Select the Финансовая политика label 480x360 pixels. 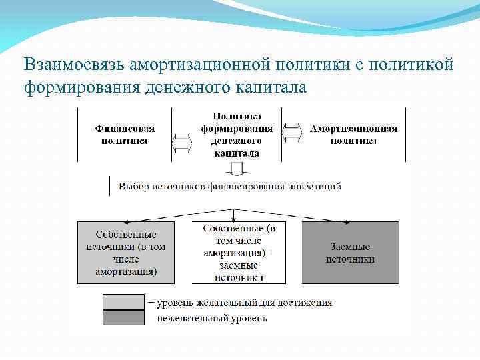[125, 135]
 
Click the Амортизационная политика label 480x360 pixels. [353, 135]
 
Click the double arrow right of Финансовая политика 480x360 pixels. [182, 141]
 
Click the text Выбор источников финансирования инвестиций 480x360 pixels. [230, 187]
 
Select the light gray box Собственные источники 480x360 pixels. [126, 253]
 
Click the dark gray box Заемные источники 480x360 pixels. [350, 253]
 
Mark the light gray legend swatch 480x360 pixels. [123, 302]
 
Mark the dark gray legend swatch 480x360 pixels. [123, 318]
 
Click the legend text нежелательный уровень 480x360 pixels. [212, 319]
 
